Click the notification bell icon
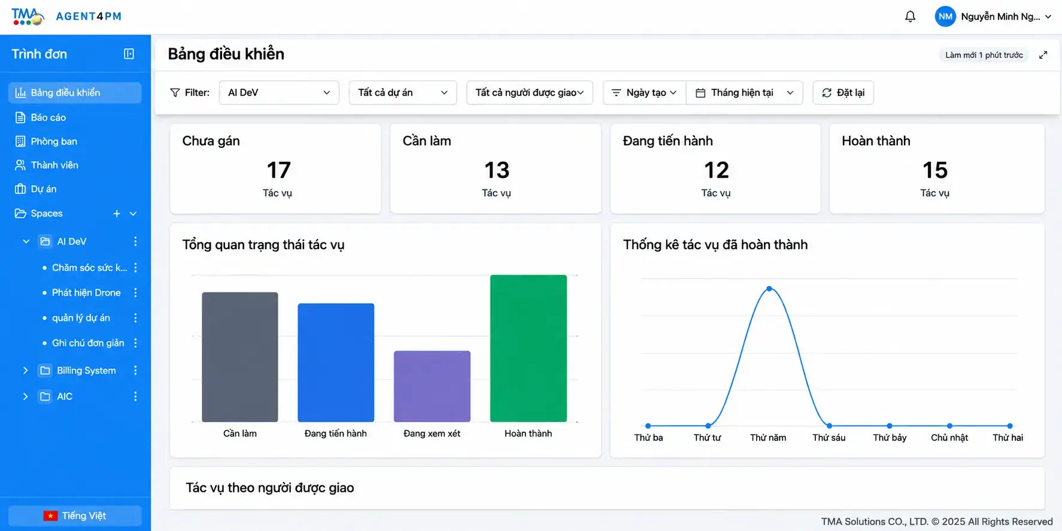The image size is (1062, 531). pyautogui.click(x=910, y=17)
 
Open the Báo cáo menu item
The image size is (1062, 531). pyautogui.click(x=48, y=117)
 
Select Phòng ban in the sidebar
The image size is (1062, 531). pyautogui.click(x=54, y=141)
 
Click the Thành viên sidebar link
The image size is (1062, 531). pyautogui.click(x=54, y=165)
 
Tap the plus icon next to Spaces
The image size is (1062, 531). pyautogui.click(x=117, y=214)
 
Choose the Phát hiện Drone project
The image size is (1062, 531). pyautogui.click(x=86, y=293)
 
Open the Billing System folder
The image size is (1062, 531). pyautogui.click(x=86, y=371)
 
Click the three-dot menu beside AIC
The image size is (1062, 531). pyautogui.click(x=135, y=396)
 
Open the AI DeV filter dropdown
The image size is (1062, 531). pyautogui.click(x=279, y=93)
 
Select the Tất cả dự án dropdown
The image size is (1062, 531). pyautogui.click(x=403, y=93)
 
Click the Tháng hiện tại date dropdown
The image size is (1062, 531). pyautogui.click(x=745, y=93)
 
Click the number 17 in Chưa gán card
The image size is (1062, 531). pyautogui.click(x=278, y=171)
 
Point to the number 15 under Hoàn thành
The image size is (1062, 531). pyautogui.click(x=935, y=171)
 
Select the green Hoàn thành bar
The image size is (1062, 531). pyautogui.click(x=528, y=348)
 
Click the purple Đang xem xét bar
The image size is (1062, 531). pyautogui.click(x=432, y=386)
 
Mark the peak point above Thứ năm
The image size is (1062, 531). pyautogui.click(x=769, y=289)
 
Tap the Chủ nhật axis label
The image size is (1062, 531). pyautogui.click(x=949, y=438)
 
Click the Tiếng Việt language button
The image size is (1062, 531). pyautogui.click(x=75, y=516)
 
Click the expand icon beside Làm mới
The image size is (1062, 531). pyautogui.click(x=1043, y=55)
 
